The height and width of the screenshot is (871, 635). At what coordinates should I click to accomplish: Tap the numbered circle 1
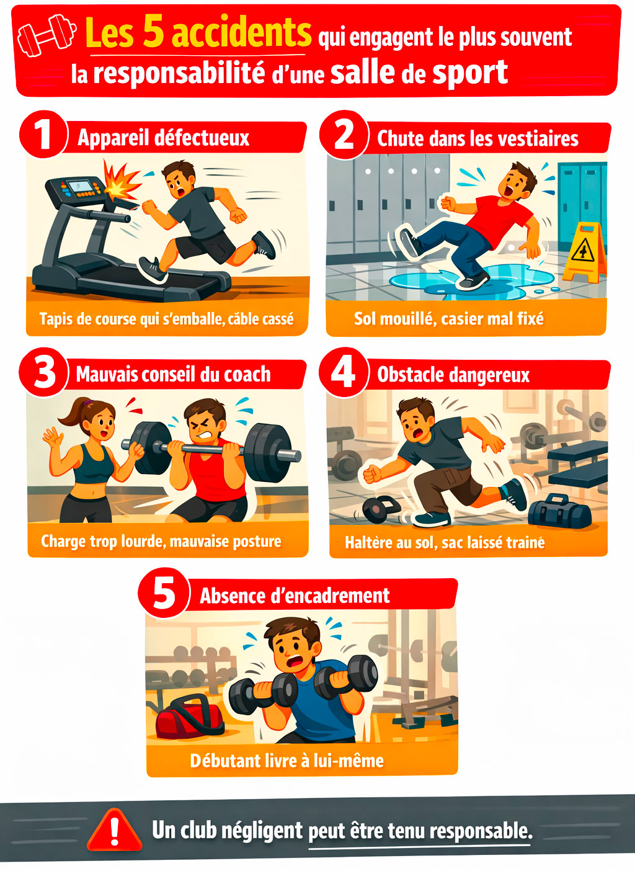click(x=43, y=134)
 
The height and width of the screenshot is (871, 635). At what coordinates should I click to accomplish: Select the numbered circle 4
click(x=344, y=372)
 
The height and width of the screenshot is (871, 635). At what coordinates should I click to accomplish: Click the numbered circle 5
click(x=164, y=592)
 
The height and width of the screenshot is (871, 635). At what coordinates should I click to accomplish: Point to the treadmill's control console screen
click(x=78, y=185)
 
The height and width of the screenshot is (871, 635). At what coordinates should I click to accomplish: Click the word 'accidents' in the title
click(x=241, y=33)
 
